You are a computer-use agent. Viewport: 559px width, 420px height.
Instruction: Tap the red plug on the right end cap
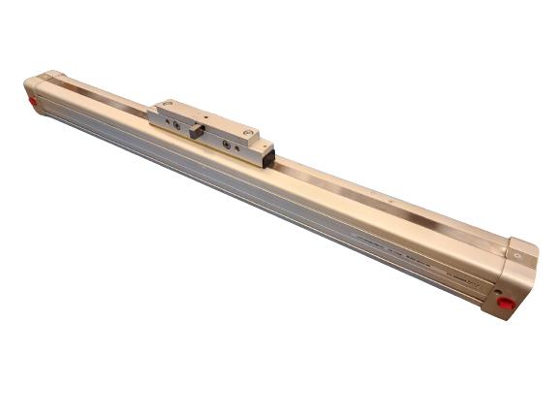(x=506, y=304)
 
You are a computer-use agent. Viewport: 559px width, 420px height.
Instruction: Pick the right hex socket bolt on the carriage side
(x=227, y=145)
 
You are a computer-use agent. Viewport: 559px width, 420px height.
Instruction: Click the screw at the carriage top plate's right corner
(x=250, y=132)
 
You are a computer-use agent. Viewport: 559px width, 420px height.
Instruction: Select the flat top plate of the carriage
(x=209, y=114)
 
